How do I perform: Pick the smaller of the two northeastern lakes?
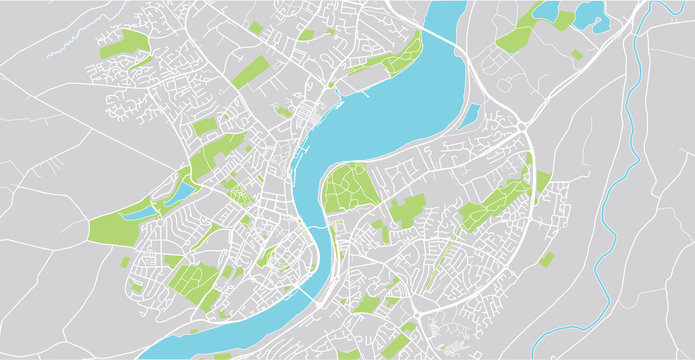547,11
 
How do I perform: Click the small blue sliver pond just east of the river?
469,116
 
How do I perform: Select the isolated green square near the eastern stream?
546,260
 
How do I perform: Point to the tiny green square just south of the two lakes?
576,54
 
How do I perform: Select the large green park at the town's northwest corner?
124,44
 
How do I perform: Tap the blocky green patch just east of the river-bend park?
407,209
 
